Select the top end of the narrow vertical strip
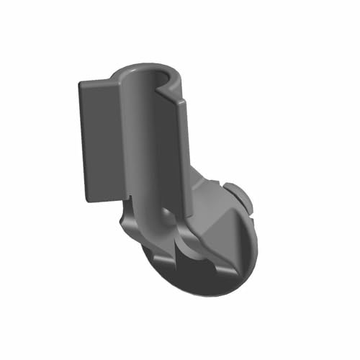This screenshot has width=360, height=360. pyautogui.click(x=181, y=101)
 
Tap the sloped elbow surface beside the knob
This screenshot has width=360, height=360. pyautogui.click(x=212, y=194)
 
